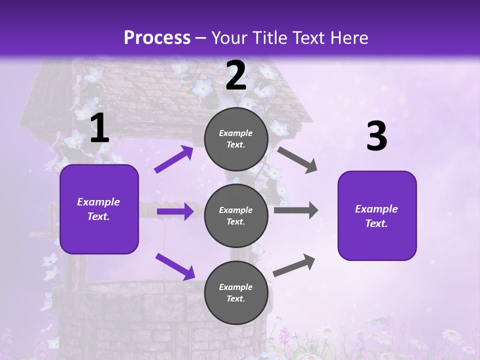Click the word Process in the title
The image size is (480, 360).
click(157, 38)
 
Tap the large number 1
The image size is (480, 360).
click(99, 129)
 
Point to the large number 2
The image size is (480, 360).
click(236, 76)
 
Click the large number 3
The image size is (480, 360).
click(376, 137)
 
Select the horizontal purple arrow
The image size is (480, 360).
click(175, 211)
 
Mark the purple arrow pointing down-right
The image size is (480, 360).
click(175, 266)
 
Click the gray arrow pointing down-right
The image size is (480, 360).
click(297, 159)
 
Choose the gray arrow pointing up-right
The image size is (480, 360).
click(294, 265)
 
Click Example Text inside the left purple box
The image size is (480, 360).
click(98, 209)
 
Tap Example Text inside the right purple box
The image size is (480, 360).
click(376, 216)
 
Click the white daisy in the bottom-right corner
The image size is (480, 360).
click(451, 334)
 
